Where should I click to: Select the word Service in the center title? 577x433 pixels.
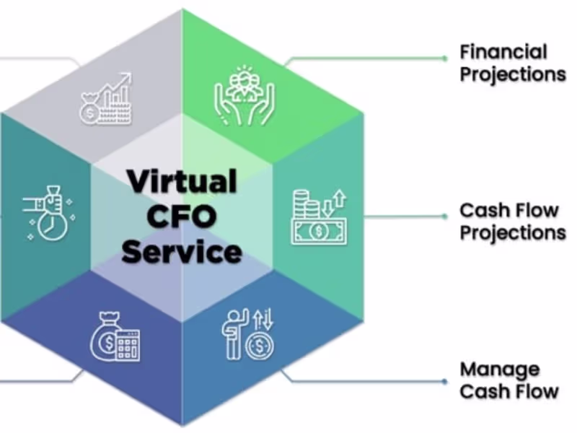coord(182,252)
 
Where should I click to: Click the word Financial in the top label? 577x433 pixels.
coord(503,52)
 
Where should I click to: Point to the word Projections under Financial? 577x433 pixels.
coord(513,74)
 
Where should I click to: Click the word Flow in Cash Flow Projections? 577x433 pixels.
coord(534,211)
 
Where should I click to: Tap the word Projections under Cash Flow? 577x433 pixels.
coord(513,232)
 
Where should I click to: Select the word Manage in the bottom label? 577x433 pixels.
coord(500,369)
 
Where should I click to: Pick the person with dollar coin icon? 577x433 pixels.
coord(247,333)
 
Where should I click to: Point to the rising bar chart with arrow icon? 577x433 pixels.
coord(107,99)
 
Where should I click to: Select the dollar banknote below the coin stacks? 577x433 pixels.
coord(318,231)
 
